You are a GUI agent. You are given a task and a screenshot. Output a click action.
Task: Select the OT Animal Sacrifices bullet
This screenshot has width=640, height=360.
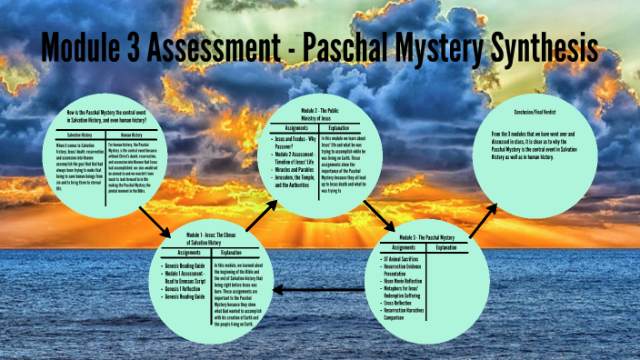pyautogui.click(x=404, y=260)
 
